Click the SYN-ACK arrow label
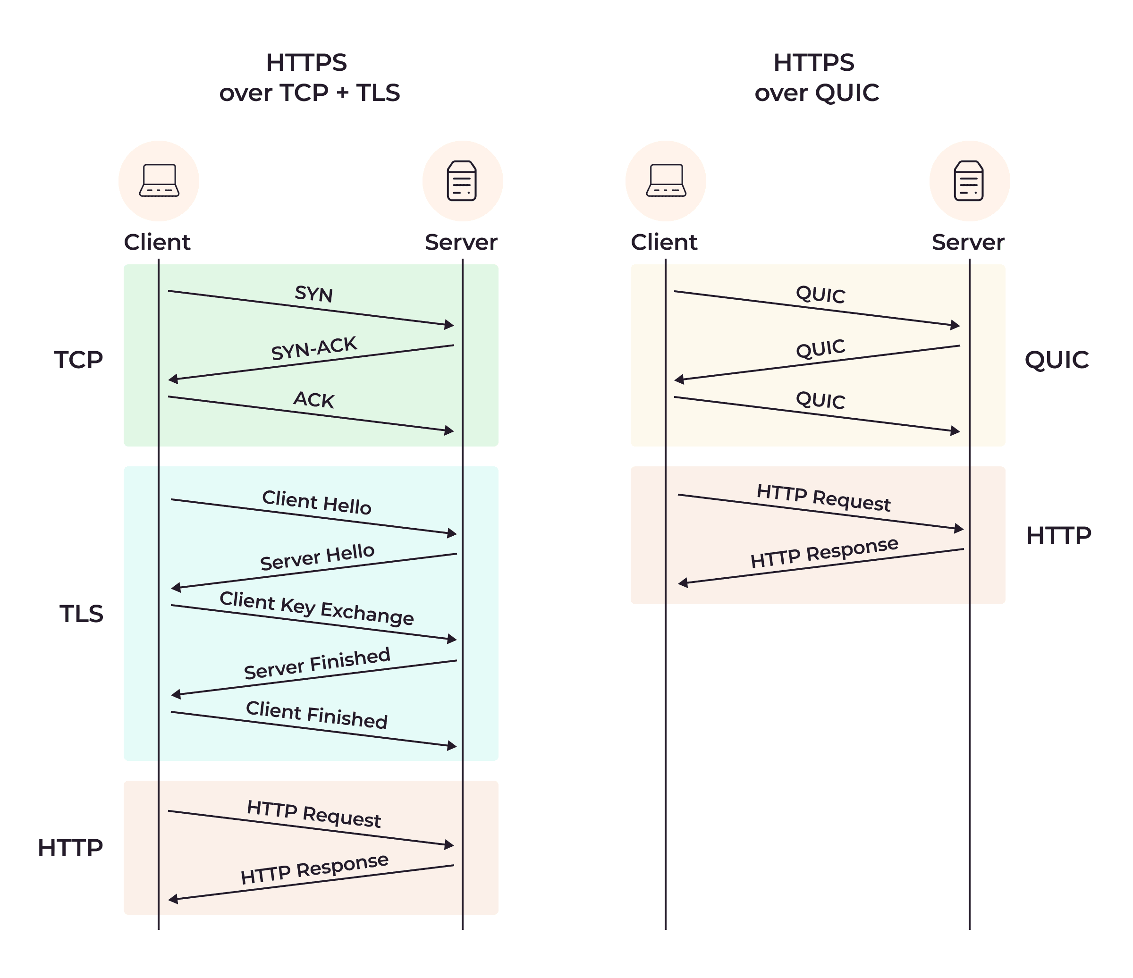[314, 348]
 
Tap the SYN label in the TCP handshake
[313, 294]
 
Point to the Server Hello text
[317, 556]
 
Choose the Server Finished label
[317, 663]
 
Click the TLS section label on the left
[81, 613]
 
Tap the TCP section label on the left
[78, 360]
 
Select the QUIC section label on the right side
[1056, 360]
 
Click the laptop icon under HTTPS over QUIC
[666, 180]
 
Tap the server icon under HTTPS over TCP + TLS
[462, 180]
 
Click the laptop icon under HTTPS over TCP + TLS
[159, 180]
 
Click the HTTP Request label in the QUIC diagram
[823, 497]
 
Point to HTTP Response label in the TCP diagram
[314, 868]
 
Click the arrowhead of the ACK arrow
[449, 431]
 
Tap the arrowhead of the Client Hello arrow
[452, 533]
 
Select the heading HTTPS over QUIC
[816, 77]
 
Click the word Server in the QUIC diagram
[967, 242]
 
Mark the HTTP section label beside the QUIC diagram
[1058, 535]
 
